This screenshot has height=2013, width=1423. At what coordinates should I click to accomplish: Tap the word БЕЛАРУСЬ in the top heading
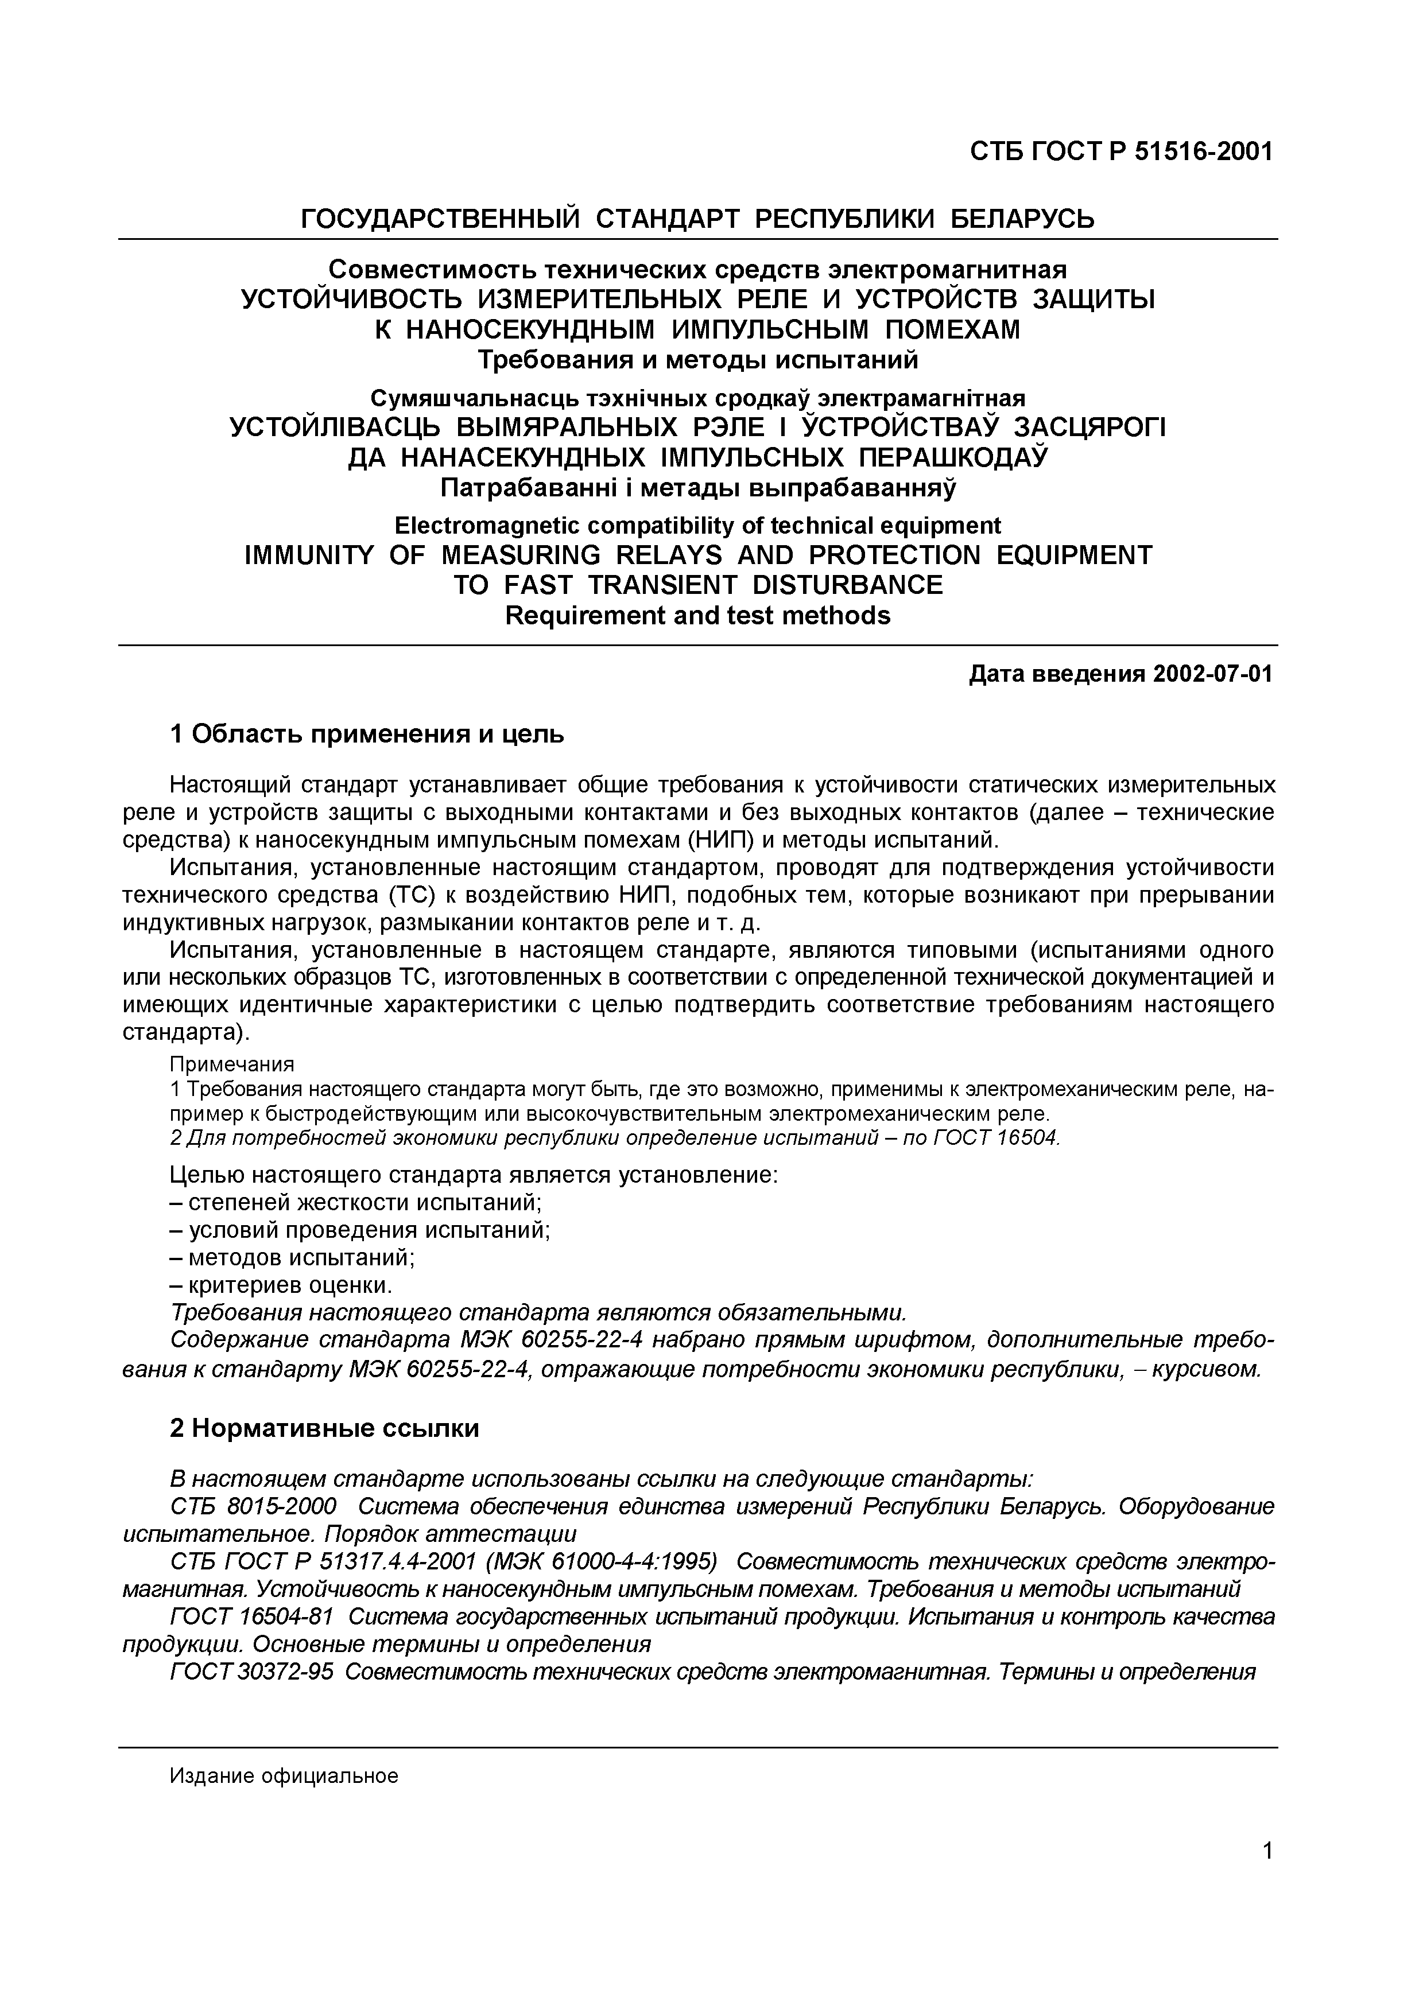pos(1023,218)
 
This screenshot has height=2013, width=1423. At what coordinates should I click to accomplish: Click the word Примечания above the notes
pos(231,1064)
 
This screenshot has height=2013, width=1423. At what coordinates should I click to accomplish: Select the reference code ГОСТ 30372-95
pos(251,1672)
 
